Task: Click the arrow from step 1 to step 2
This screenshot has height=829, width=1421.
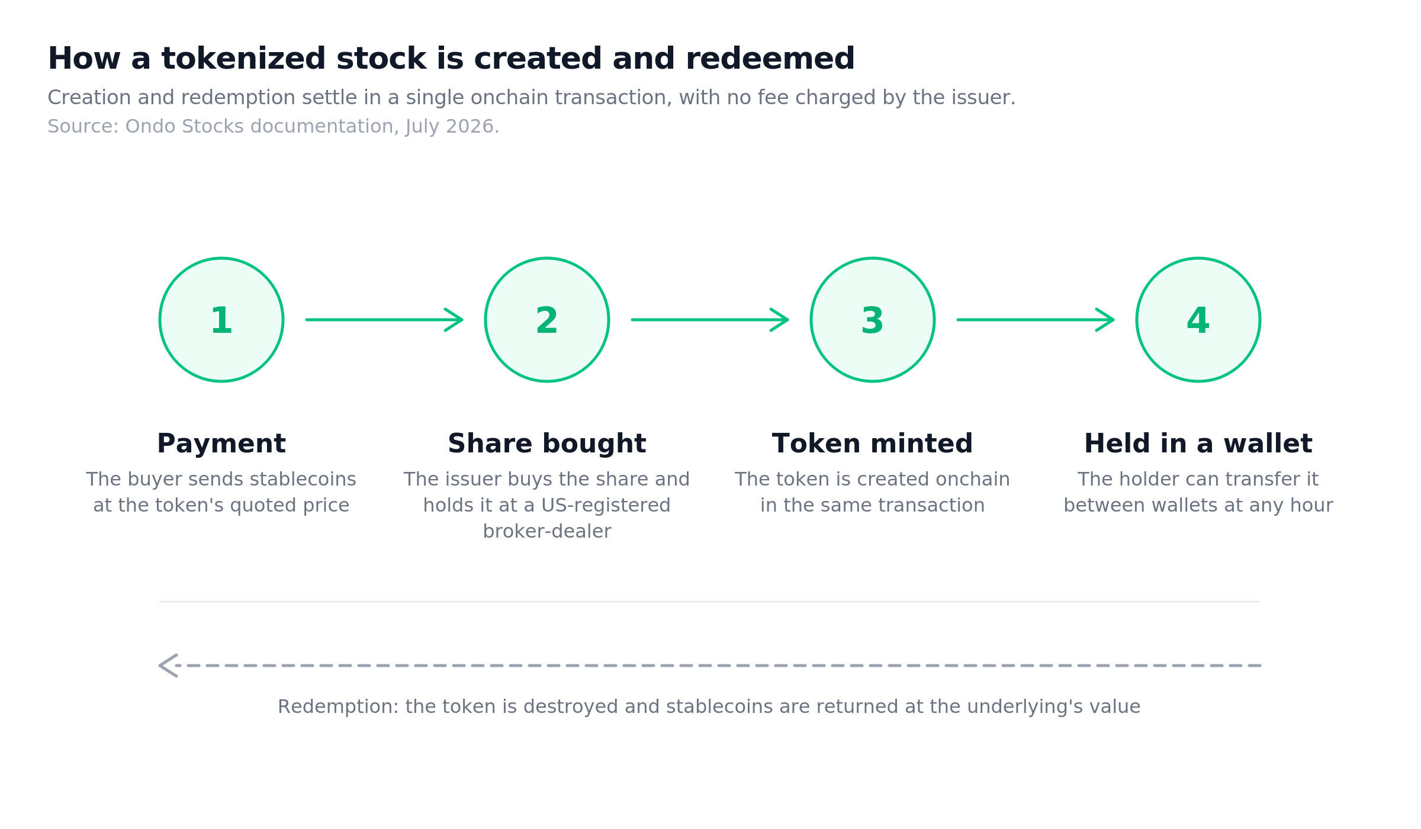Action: coord(384,320)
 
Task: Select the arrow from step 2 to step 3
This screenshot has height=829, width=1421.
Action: coord(710,320)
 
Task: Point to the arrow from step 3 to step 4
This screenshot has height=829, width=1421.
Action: coord(1036,320)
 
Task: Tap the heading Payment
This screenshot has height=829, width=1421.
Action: coord(221,444)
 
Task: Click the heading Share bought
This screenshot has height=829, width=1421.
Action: coord(547,444)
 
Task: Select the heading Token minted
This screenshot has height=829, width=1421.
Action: coord(873,444)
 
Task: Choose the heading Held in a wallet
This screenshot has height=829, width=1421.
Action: coord(1198,444)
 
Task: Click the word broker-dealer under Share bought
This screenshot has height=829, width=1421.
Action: coord(547,531)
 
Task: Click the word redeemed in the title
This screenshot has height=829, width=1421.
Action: coord(770,59)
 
